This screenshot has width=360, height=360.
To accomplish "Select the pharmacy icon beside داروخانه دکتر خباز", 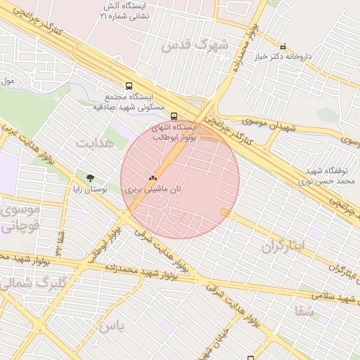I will point(283,46).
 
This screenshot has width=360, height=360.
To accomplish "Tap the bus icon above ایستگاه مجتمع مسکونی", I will point(128,86).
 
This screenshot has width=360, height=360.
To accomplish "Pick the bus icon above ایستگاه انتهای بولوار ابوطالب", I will point(174,117).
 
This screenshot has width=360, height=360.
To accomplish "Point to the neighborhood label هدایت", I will point(94,143).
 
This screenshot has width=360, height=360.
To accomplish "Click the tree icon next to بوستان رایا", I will point(89,178).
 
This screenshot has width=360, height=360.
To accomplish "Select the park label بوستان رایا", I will point(89,188).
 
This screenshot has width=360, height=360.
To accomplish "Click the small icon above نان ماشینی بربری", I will point(153,179).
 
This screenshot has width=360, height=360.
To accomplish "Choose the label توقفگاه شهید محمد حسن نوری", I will point(327,176).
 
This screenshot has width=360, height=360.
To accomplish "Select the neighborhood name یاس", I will point(112,326).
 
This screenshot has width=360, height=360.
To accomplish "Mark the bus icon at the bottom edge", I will point(250,357).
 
